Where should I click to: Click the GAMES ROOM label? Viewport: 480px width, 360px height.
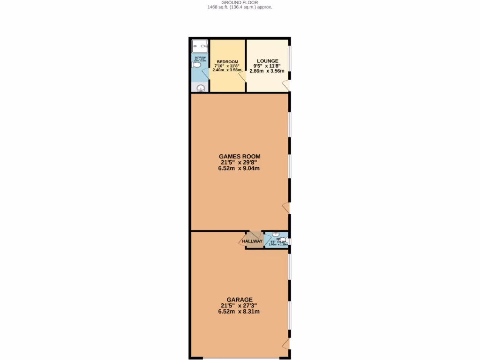tap(240, 157)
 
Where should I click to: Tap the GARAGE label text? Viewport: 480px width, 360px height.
tap(240, 300)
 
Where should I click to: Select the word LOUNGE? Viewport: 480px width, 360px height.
tap(267, 61)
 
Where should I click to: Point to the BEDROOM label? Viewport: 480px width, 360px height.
tap(227, 61)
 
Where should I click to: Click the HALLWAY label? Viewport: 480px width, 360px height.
tap(252, 241)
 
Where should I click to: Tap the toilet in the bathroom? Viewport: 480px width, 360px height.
tap(196, 65)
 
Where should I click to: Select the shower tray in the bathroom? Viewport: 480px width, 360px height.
tap(200, 46)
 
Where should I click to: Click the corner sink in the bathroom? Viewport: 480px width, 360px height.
tap(200, 88)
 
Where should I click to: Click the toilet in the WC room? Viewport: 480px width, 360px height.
tap(283, 240)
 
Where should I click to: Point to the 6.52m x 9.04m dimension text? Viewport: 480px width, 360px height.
tap(240, 168)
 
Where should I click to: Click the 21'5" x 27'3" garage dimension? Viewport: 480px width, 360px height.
tap(240, 306)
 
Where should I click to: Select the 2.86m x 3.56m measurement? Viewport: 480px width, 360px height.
tap(267, 71)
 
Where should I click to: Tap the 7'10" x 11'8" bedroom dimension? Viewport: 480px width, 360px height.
tap(227, 66)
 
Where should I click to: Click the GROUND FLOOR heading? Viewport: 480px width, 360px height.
tap(240, 2)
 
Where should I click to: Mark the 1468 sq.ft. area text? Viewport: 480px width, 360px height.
tap(223, 7)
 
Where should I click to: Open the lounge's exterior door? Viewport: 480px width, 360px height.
tap(285, 85)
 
